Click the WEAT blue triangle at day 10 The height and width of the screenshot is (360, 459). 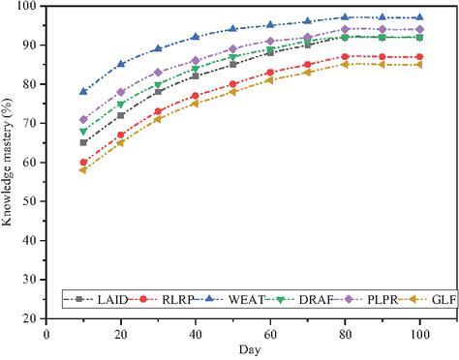pyautogui.click(x=83, y=91)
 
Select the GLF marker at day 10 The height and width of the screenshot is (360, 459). pyautogui.click(x=83, y=170)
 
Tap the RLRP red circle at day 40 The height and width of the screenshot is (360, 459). pyautogui.click(x=196, y=96)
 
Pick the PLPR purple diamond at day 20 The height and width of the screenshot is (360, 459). pyautogui.click(x=121, y=92)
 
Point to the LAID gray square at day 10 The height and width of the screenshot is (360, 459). pyautogui.click(x=83, y=142)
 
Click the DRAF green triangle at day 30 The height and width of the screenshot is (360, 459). pyautogui.click(x=158, y=85)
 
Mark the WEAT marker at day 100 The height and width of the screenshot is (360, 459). pyautogui.click(x=419, y=16)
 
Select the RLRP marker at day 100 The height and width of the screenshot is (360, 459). pyautogui.click(x=419, y=57)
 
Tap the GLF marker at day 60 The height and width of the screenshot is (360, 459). pyautogui.click(x=270, y=80)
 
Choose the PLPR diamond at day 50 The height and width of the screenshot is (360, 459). pyautogui.click(x=232, y=49)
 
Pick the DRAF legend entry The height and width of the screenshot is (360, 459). pyautogui.click(x=299, y=299)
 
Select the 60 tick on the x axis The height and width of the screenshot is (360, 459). pyautogui.click(x=270, y=335)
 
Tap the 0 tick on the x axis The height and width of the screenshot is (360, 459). pyautogui.click(x=46, y=335)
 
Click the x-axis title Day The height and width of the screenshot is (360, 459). pyautogui.click(x=250, y=350)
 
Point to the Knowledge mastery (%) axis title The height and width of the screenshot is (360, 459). pyautogui.click(x=7, y=162)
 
